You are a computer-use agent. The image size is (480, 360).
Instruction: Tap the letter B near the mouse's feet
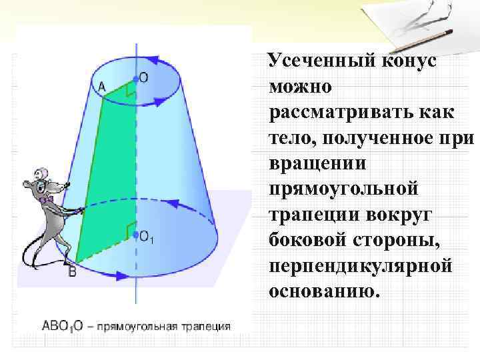72,271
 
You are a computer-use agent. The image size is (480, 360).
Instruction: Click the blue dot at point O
136,79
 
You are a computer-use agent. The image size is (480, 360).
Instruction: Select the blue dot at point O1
136,235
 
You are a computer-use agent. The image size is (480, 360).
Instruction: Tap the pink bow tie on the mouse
45,199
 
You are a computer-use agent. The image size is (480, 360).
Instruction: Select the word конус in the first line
411,63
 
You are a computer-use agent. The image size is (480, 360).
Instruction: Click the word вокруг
414,215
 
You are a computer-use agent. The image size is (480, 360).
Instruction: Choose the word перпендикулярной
361,266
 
